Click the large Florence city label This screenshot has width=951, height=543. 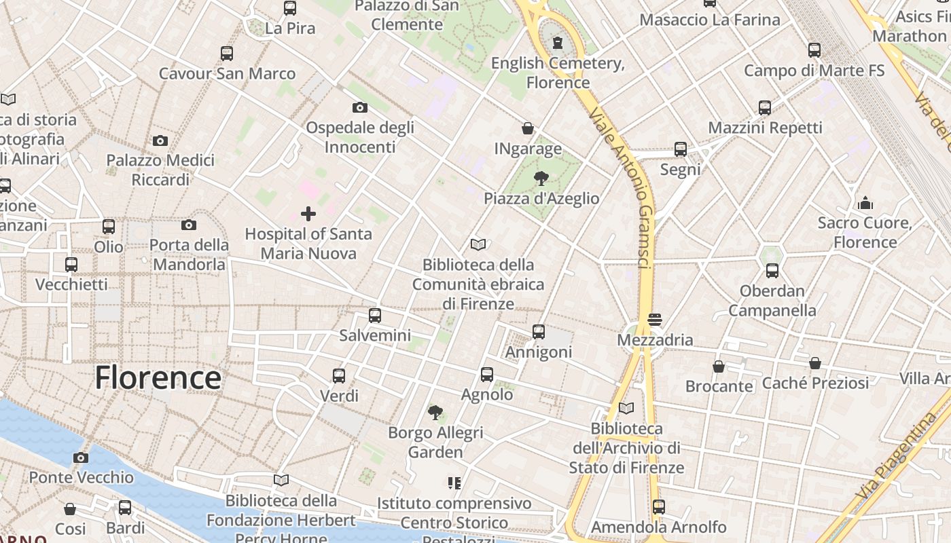[x=158, y=377]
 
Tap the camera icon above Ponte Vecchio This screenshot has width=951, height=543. [x=81, y=457]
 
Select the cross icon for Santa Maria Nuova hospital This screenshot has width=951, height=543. [x=308, y=214]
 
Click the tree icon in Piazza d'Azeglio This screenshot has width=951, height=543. [x=541, y=179]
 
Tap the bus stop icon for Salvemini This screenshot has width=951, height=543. [x=374, y=316]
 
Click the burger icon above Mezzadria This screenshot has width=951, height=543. [x=655, y=319]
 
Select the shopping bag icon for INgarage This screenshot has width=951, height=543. [x=528, y=128]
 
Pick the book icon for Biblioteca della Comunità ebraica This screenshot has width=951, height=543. [x=478, y=244]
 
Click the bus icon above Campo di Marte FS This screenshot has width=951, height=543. [x=814, y=50]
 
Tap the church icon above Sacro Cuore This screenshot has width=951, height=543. [x=865, y=203]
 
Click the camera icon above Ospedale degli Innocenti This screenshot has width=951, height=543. [x=360, y=107]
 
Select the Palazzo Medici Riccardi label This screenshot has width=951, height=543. [x=160, y=170]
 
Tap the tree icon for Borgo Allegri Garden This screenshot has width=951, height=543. [x=435, y=412]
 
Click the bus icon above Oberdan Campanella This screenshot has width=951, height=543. [x=772, y=271]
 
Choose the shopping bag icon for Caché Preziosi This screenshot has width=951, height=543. [x=815, y=363]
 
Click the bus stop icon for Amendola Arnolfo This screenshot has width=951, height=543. [x=658, y=506]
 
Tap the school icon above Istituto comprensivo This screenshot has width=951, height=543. [x=454, y=483]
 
